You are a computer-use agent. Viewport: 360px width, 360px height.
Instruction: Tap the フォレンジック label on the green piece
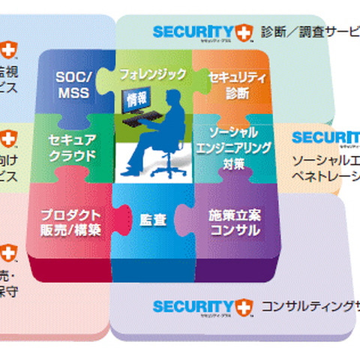[152, 75]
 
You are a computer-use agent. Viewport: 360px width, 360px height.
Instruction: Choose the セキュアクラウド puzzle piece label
[72, 148]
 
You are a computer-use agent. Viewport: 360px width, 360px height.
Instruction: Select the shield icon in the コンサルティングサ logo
[244, 307]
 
